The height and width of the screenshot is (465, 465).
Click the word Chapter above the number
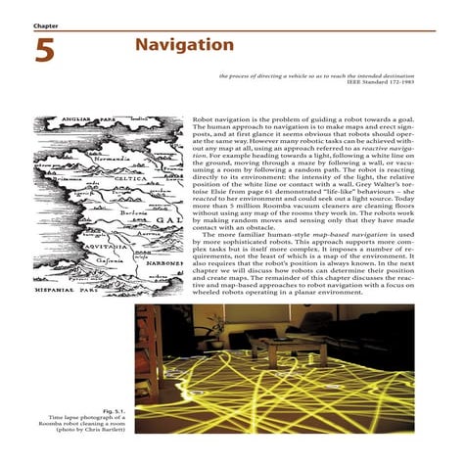(x=46, y=24)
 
